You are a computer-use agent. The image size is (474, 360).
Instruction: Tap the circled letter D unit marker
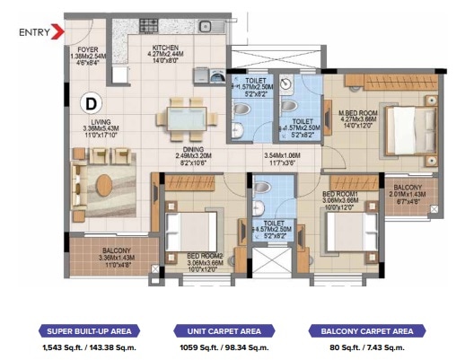click(92, 101)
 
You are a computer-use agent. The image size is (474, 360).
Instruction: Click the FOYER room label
click(88, 49)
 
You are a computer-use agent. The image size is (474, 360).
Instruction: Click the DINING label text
click(192, 150)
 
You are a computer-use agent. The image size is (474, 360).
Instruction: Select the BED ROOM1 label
click(340, 193)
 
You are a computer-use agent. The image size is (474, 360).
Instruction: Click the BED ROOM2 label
click(204, 256)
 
